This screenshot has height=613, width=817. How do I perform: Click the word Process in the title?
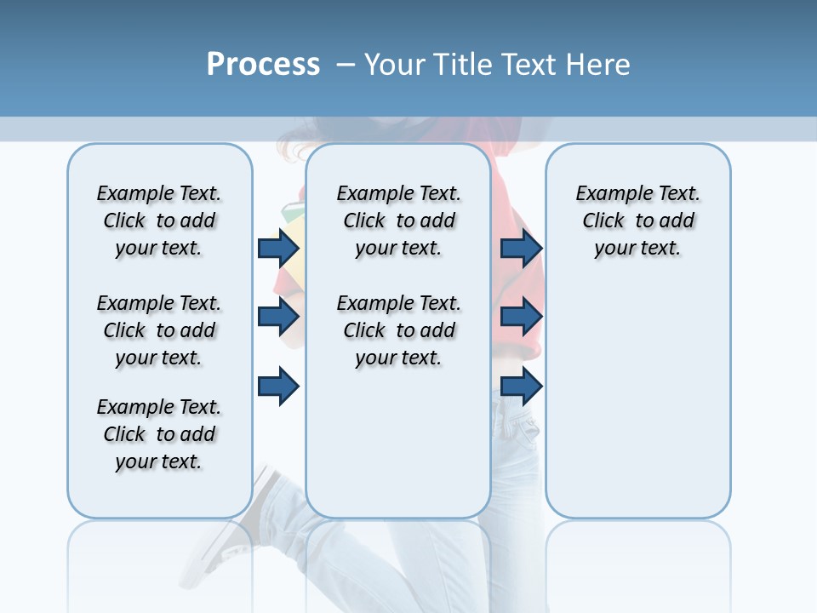[263, 65]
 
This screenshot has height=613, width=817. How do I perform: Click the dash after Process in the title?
[346, 66]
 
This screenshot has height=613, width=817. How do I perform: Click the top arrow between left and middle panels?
[278, 248]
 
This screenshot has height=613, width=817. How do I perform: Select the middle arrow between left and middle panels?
[278, 317]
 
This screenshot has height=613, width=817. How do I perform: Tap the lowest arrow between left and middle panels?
[278, 387]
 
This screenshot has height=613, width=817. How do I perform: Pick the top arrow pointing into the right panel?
[522, 248]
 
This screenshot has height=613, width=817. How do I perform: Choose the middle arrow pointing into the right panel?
[522, 317]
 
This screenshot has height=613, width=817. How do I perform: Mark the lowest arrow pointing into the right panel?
[522, 387]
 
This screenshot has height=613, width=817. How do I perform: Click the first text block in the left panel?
[159, 221]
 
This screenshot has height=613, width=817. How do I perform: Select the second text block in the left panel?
[159, 330]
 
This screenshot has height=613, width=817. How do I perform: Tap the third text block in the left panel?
[159, 434]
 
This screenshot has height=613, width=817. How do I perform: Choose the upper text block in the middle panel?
[398, 221]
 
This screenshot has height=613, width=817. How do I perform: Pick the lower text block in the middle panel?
[398, 330]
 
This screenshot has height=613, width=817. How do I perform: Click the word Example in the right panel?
[607, 194]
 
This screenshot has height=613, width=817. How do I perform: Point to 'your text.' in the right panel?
[637, 249]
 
